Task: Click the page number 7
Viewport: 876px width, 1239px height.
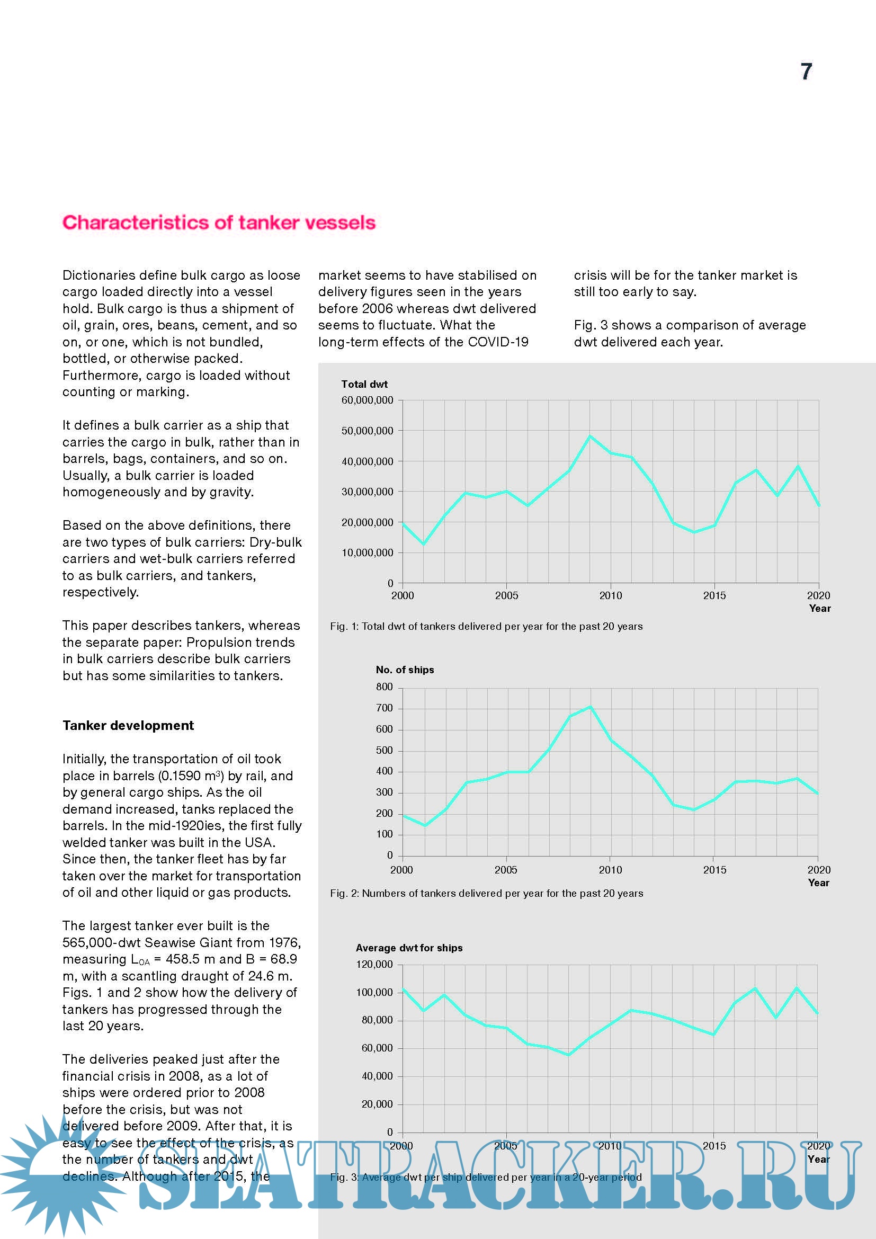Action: (x=806, y=72)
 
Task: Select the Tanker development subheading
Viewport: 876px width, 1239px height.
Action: (x=128, y=726)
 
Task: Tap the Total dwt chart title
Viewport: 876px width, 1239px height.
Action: (x=364, y=384)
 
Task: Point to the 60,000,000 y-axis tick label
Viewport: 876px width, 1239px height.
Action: (x=368, y=400)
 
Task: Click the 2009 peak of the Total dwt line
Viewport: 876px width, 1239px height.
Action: (x=590, y=436)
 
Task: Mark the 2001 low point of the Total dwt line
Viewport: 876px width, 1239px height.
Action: (x=424, y=544)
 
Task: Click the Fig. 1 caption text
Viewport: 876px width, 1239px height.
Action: (x=486, y=627)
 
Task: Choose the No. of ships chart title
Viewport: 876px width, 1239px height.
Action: (x=405, y=670)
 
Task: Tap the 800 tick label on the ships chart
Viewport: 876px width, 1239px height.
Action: (x=384, y=687)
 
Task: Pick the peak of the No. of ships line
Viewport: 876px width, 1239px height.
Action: (x=590, y=707)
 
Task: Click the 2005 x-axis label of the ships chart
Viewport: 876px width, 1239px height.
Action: (x=505, y=870)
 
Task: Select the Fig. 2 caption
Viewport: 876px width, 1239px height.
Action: (x=486, y=893)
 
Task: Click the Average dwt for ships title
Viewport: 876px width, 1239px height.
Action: (x=409, y=948)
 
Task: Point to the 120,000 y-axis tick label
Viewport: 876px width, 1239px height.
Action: (x=374, y=964)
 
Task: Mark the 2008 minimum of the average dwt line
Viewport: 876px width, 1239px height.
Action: (x=568, y=1055)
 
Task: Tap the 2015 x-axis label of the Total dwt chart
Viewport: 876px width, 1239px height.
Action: (x=714, y=596)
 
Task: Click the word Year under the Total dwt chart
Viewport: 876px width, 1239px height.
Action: (x=820, y=609)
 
